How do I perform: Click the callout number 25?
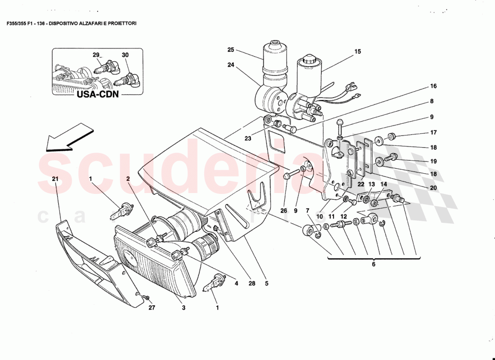point(231,49)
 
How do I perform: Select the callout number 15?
point(357,52)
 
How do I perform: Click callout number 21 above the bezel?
point(55,179)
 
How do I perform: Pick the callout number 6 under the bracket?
point(373,265)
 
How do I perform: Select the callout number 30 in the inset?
point(125,55)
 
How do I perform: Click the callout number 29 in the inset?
point(96,55)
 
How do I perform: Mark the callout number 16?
point(433,86)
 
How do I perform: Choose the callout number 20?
point(433,188)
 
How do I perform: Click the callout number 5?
point(266,283)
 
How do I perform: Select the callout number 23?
point(247,139)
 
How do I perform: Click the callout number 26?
point(283,210)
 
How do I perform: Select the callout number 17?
point(433,133)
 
